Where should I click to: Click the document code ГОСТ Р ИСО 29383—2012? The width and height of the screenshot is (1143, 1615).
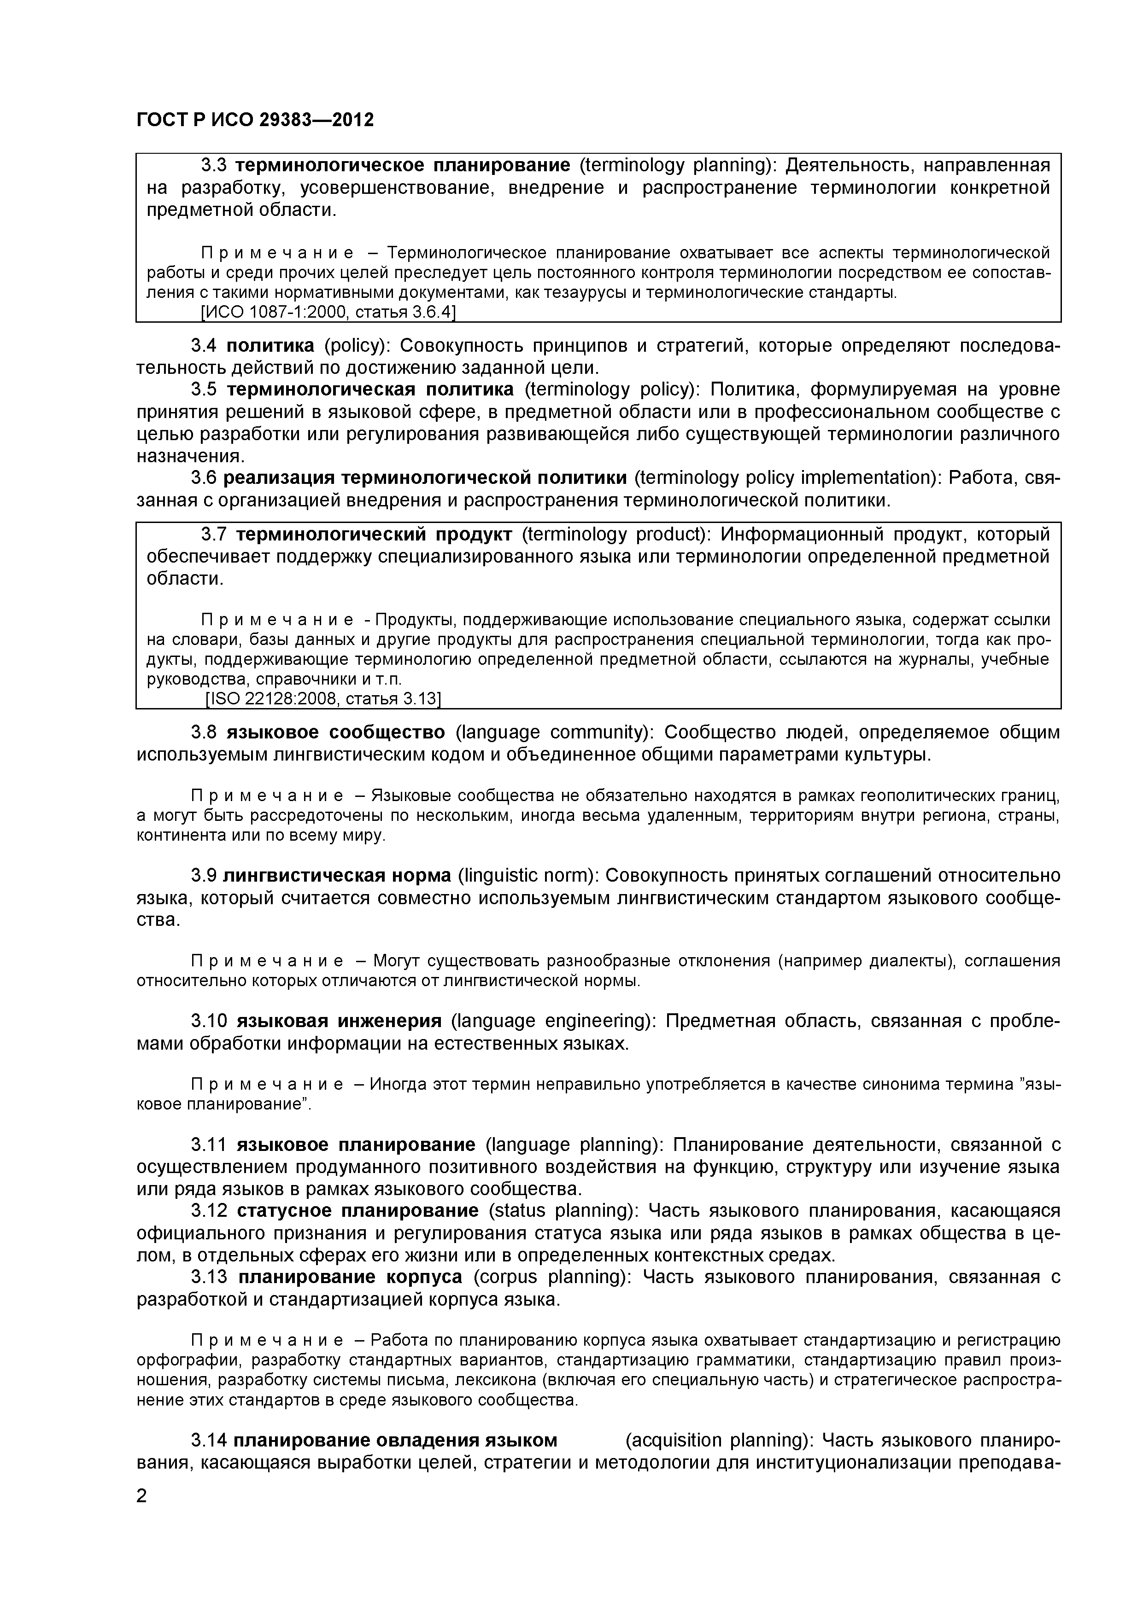(255, 120)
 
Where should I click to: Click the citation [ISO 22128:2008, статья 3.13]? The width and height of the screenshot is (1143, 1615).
(323, 698)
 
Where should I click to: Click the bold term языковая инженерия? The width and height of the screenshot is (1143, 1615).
(339, 1021)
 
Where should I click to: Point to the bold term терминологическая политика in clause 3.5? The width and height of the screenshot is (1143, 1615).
(370, 389)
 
